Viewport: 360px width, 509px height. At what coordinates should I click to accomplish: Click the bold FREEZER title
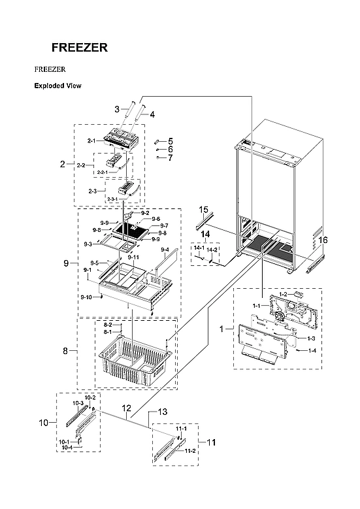coord(80,48)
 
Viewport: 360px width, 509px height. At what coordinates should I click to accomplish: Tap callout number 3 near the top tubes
coord(117,110)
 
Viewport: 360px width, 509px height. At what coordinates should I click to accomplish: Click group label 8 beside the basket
coord(65,352)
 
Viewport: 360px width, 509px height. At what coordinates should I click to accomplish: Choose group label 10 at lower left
coord(43,423)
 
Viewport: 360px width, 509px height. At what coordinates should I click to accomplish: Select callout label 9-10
coord(86,297)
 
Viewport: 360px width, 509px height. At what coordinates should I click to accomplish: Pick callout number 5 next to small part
coord(170,141)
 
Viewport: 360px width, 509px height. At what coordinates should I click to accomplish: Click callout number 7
coord(170,157)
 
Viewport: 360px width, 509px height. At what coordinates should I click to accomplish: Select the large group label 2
coord(63,164)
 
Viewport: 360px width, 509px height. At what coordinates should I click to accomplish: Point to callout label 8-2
coord(108,325)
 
